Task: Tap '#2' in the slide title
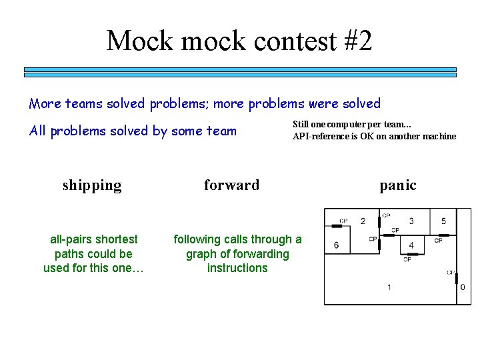pyautogui.click(x=359, y=41)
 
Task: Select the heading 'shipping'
pyautogui.click(x=92, y=185)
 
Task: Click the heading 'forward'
pyautogui.click(x=231, y=185)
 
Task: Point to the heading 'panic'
pyautogui.click(x=397, y=185)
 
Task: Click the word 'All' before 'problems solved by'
pyautogui.click(x=37, y=131)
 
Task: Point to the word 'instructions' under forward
pyautogui.click(x=237, y=268)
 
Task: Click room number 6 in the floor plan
pyautogui.click(x=336, y=245)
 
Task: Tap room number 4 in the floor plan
pyautogui.click(x=411, y=245)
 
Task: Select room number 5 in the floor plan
pyautogui.click(x=444, y=221)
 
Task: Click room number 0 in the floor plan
pyautogui.click(x=463, y=287)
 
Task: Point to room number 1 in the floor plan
pyautogui.click(x=389, y=287)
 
